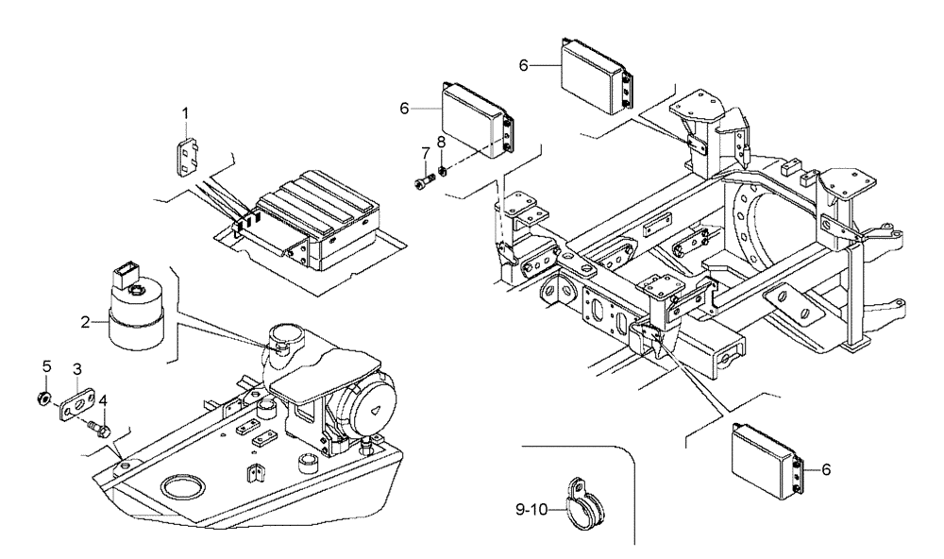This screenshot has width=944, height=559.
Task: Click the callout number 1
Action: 186,113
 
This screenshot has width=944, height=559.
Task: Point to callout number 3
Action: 46,365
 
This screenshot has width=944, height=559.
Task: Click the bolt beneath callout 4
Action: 97,430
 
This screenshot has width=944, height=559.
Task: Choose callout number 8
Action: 440,143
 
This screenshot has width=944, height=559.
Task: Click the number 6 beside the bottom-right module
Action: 828,469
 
